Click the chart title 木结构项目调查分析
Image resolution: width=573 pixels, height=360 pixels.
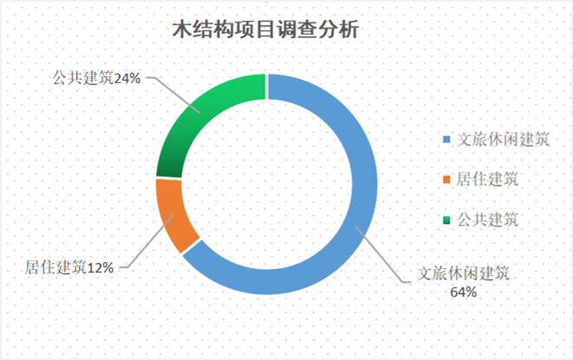click(265, 29)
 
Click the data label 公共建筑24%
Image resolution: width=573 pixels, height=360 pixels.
click(96, 78)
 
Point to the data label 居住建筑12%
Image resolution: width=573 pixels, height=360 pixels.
click(69, 267)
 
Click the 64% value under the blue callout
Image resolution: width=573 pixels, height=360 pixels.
click(464, 292)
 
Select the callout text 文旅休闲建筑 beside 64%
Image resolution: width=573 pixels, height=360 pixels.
click(464, 273)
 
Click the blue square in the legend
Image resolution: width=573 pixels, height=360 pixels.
click(446, 140)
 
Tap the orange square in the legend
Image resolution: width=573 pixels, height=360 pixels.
click(446, 180)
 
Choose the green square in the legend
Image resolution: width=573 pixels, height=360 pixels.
click(446, 219)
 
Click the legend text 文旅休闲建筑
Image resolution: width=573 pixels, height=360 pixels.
click(503, 140)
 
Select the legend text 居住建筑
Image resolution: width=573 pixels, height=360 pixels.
click(487, 180)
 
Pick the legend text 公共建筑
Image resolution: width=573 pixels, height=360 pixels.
click(487, 219)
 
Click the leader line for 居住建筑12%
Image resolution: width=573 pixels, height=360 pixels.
click(147, 241)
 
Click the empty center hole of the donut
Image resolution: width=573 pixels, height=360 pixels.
click(266, 185)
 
